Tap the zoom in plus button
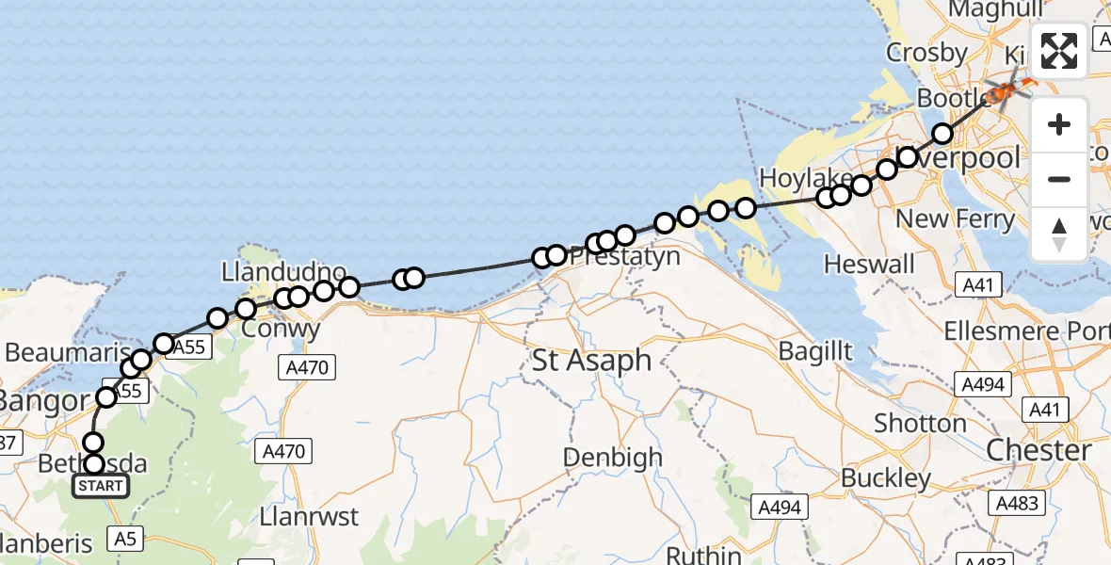[1059, 124]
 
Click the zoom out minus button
[1059, 179]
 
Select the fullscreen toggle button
[1059, 51]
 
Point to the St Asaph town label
[591, 360]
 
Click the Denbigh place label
[612, 459]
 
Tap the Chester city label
[1039, 450]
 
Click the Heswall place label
[869, 264]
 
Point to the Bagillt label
[815, 351]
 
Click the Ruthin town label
[703, 555]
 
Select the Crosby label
[926, 53]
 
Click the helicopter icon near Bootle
[1006, 91]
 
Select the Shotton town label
[920, 424]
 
